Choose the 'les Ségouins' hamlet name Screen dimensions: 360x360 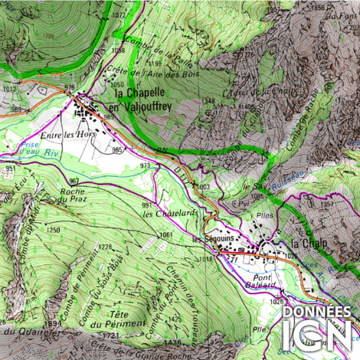(212, 239)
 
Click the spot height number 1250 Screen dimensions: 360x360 (52, 230)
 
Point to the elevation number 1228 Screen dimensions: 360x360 (105, 247)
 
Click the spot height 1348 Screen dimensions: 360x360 (208, 100)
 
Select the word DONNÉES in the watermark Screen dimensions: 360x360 (318, 313)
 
